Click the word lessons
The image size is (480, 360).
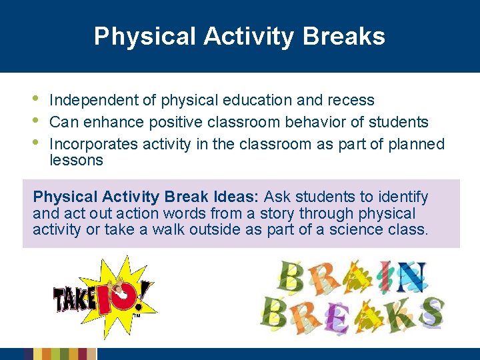pyautogui.click(x=76, y=160)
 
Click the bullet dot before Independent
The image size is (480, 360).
pyautogui.click(x=37, y=100)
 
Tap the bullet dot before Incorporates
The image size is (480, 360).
pyautogui.click(x=37, y=142)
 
